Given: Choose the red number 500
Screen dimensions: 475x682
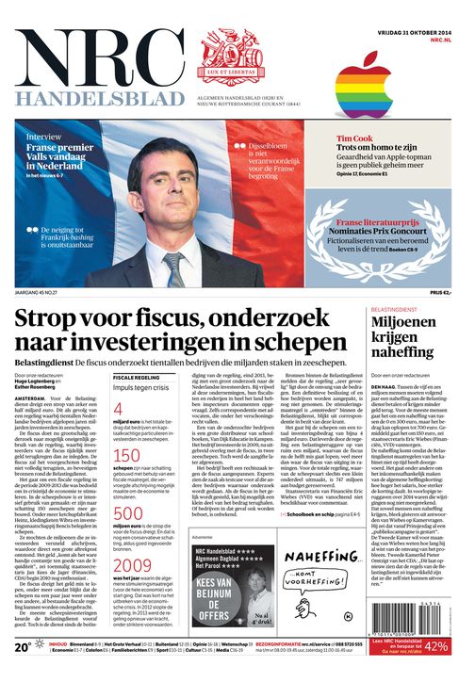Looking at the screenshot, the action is pos(127,514).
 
